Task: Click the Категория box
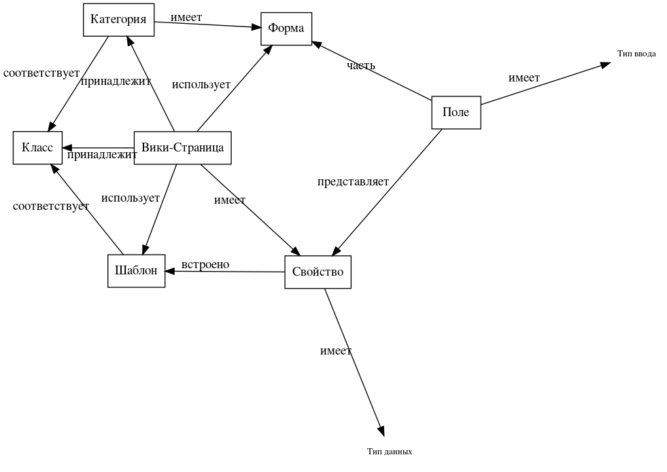click(118, 20)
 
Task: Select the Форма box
click(286, 29)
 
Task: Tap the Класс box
click(37, 147)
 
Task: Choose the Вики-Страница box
click(182, 147)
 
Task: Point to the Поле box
click(456, 112)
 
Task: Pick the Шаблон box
click(136, 271)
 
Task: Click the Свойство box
click(318, 272)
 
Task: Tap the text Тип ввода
click(636, 54)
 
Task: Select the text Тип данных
click(389, 452)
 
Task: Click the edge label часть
click(360, 66)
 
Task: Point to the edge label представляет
click(353, 182)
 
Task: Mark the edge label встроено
click(205, 265)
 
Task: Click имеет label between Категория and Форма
click(186, 18)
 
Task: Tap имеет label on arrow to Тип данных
click(335, 351)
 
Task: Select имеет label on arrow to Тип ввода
click(524, 78)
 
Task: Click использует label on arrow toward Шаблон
click(130, 198)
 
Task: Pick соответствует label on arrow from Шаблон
click(50, 206)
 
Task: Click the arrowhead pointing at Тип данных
click(381, 431)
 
